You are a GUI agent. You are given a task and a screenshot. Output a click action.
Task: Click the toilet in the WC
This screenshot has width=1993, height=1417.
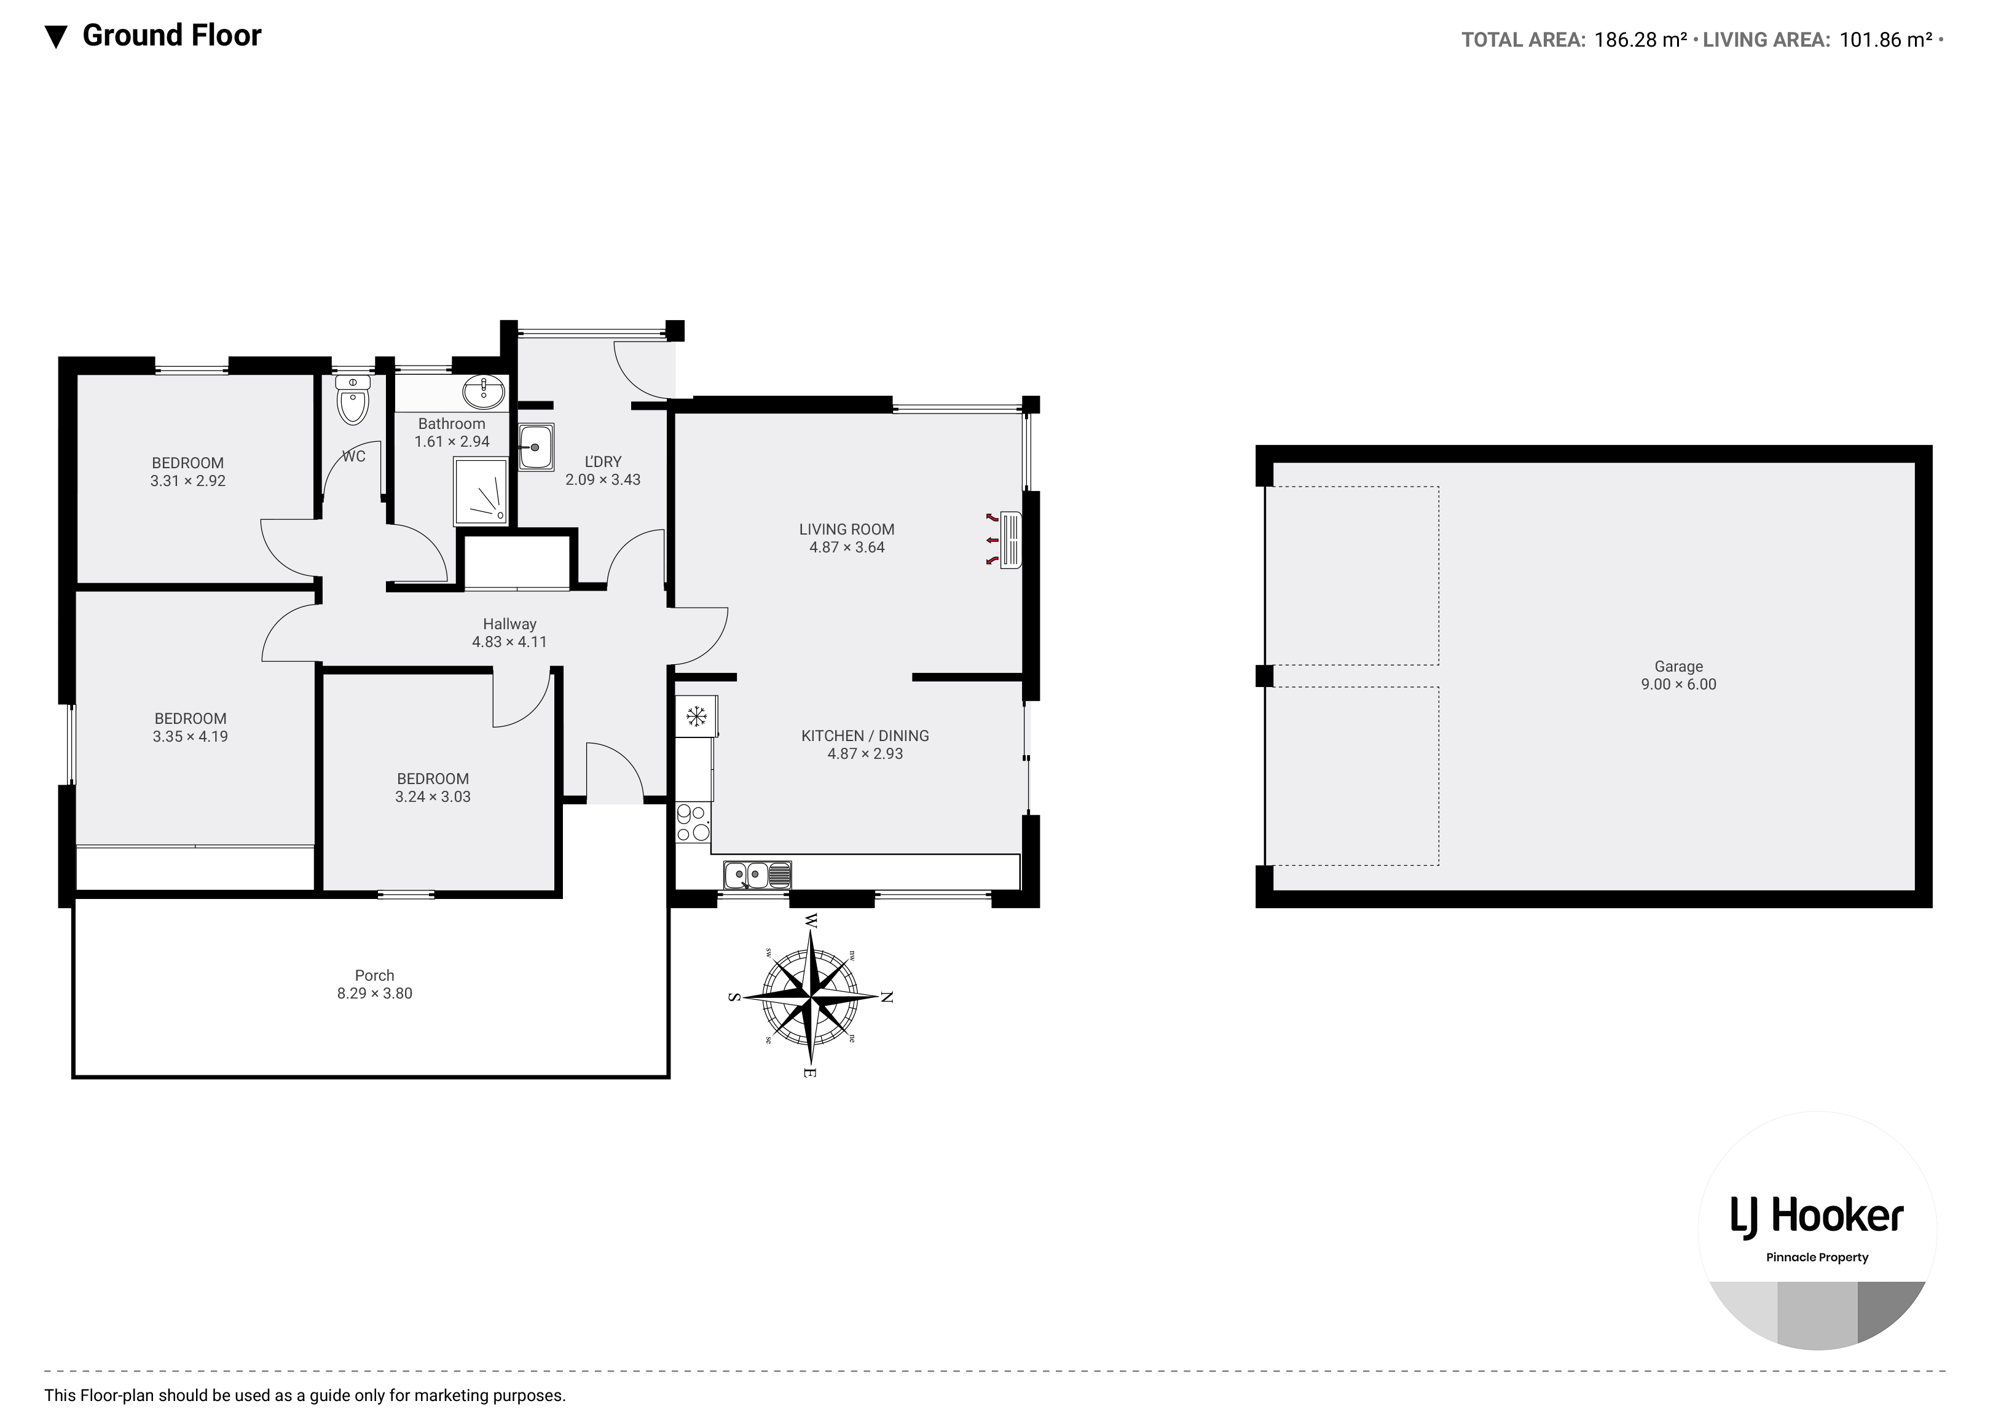point(353,401)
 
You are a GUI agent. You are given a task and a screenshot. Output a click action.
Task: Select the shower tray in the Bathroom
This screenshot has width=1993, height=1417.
point(480,493)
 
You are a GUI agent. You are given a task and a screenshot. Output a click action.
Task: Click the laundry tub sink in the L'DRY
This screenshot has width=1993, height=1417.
point(536,447)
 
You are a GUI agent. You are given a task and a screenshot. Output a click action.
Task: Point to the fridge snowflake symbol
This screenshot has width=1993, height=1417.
point(696,717)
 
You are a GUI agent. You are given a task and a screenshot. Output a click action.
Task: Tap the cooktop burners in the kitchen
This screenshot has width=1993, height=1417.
point(693,823)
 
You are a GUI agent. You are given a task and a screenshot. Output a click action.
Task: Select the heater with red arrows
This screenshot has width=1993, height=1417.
point(1010,541)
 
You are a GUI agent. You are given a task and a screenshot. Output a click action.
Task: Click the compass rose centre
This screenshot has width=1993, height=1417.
point(811,995)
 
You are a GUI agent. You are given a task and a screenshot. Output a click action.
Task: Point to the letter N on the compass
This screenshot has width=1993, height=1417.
point(887,997)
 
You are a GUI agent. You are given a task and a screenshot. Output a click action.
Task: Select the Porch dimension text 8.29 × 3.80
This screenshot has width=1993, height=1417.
point(374,993)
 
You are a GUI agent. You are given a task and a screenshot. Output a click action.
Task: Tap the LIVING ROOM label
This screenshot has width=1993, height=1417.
point(846,528)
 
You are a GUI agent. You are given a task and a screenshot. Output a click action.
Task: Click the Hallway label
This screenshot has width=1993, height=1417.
point(509,624)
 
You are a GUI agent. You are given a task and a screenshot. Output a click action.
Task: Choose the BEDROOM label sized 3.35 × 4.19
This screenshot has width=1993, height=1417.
point(191,718)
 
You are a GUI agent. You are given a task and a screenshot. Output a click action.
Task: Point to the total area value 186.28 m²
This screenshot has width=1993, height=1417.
point(1640,39)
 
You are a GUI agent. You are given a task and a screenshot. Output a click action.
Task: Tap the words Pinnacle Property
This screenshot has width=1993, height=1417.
point(1817,1257)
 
